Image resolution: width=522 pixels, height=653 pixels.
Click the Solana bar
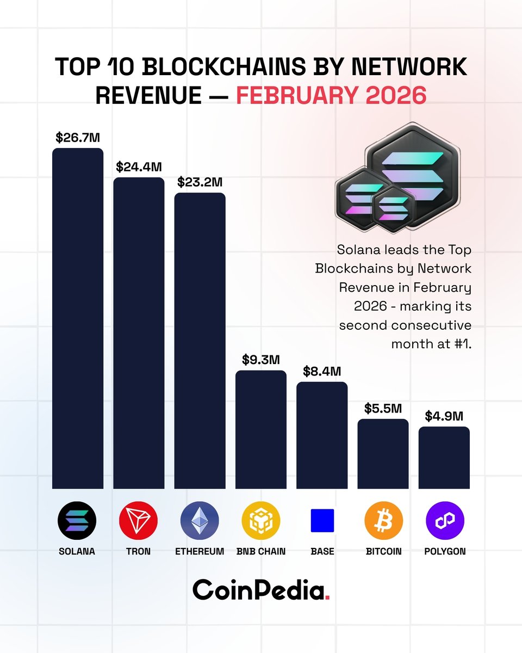(77, 318)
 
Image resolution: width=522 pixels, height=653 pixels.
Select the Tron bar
(139, 333)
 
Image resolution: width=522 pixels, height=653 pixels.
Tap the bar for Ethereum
(200, 341)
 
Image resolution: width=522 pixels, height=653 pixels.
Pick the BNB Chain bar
(261, 429)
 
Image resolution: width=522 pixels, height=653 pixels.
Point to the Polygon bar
(444, 458)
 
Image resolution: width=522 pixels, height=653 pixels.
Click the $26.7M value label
(78, 137)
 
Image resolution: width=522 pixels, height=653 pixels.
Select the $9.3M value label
(261, 360)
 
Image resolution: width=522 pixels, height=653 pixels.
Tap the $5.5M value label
(383, 408)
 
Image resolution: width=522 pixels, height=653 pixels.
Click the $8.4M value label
(322, 372)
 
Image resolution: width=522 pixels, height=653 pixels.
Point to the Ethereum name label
(200, 551)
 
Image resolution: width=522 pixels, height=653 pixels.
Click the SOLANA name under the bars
(77, 551)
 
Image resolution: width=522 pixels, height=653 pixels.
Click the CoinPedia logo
(261, 590)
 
